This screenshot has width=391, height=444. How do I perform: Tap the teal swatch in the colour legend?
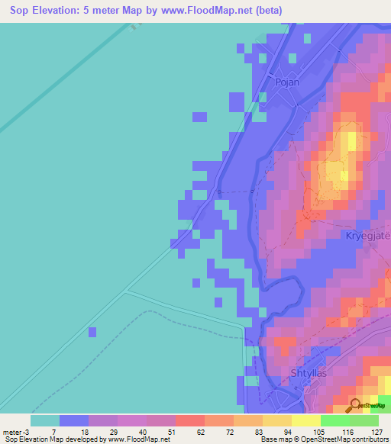[x=45, y=420]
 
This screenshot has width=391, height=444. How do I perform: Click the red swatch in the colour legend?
[x=189, y=420]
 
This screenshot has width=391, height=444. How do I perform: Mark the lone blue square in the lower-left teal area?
[x=92, y=331]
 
